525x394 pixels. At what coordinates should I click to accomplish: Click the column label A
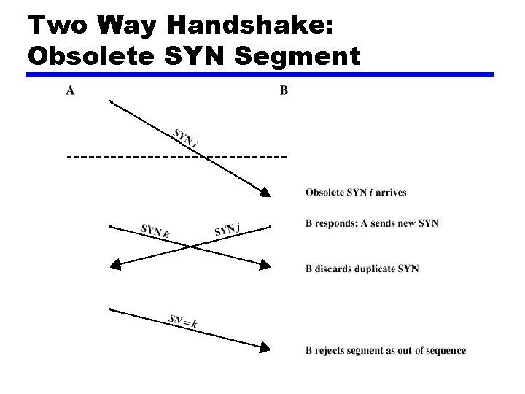coord(70,91)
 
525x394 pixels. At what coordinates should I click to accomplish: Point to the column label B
coord(284,91)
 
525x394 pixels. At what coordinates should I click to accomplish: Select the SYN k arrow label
coord(155,231)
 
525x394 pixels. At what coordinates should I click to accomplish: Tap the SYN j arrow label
coord(227,230)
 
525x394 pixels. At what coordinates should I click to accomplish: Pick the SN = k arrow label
coord(183,320)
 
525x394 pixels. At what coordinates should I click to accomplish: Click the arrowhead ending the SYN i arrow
coord(265,192)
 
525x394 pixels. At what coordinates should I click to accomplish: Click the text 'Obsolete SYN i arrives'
coord(356,193)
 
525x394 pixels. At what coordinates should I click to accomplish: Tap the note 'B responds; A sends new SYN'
coord(372,223)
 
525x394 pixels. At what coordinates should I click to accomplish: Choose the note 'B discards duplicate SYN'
coord(362,269)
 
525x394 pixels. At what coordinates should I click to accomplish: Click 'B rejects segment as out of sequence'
coord(385,351)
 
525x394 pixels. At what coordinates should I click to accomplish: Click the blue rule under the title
coord(260,74)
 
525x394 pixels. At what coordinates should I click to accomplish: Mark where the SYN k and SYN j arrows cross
coord(191,245)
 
